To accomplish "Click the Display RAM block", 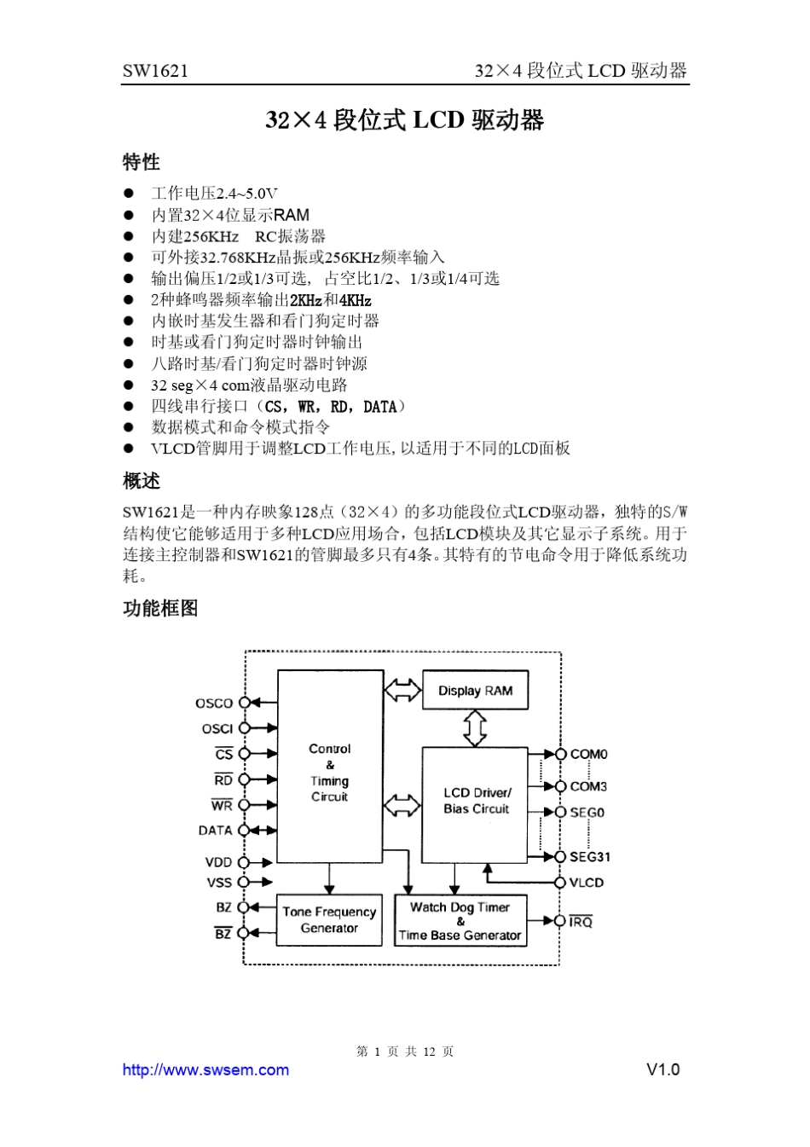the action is pos(475,691).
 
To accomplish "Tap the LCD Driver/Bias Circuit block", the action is pos(476,802).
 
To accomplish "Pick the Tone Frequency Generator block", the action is pos(329,920).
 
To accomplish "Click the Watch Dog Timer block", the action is pos(460,921).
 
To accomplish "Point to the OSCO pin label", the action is pos(214,704).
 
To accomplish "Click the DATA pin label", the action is pos(216,831).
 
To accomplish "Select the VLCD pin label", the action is pos(587,883).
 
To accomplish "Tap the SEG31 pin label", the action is pos(590,857).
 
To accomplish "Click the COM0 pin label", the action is pos(588,755).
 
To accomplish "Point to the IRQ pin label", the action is pos(581,922).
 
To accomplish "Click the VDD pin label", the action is pos(218,863).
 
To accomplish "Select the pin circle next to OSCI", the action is pos(245,728).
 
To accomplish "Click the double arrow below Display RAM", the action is pos(475,727).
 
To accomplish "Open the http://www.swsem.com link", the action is pos(205,1070).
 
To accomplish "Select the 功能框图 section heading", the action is pos(160,608).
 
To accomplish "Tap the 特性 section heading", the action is pos(142,162).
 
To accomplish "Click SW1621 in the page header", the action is pos(155,71).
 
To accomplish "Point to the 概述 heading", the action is pos(142,481).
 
